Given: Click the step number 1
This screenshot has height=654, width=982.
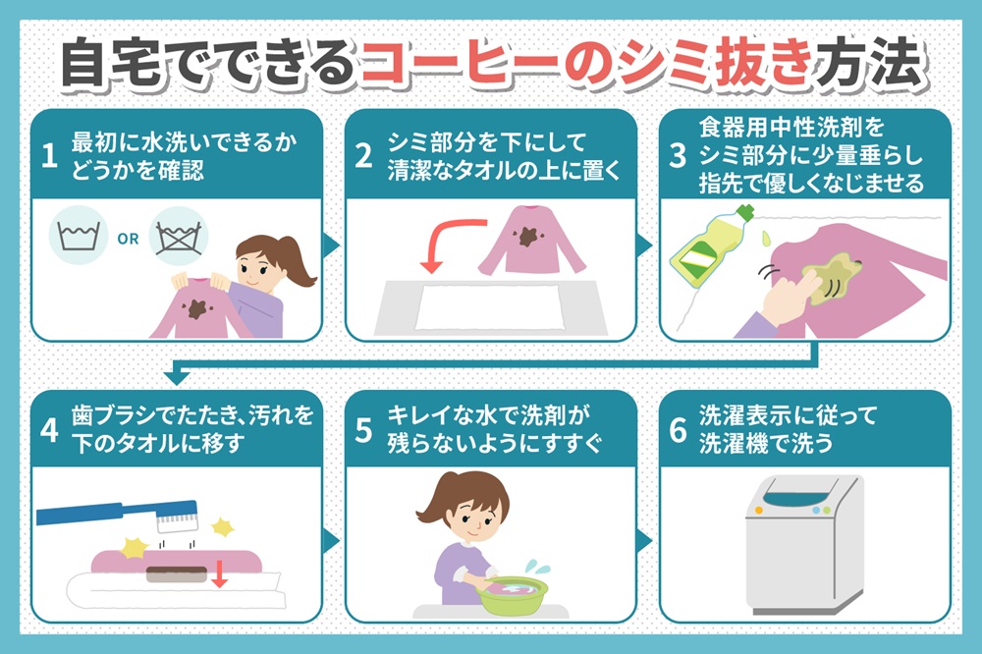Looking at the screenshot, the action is [49, 155].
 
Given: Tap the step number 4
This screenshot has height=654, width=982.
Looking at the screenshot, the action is [49, 430].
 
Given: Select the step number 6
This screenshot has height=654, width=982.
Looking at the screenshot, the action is [678, 430].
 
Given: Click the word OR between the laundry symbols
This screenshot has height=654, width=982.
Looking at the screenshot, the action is [128, 239].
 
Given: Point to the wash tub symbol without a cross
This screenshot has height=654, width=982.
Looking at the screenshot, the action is [79, 236].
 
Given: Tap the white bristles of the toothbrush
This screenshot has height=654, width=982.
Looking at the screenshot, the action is [177, 518].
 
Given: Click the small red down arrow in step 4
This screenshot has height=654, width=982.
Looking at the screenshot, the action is [219, 573].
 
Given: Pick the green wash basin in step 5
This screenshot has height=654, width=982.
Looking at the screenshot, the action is [513, 596].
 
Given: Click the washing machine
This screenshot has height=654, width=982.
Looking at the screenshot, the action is [805, 544].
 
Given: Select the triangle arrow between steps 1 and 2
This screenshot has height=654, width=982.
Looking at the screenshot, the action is [330, 245].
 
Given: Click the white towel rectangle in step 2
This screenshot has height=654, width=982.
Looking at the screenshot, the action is [489, 307].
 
